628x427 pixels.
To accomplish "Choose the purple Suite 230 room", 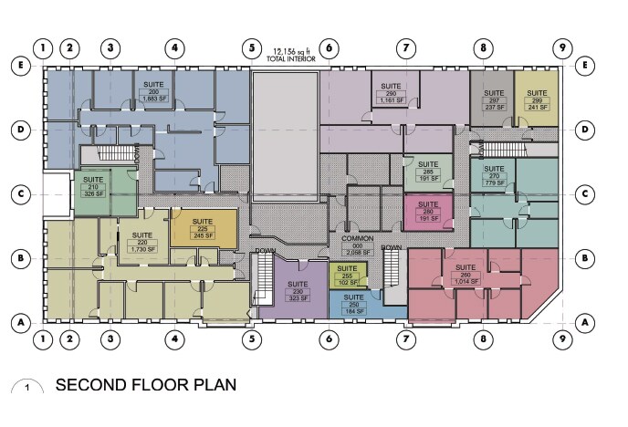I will coord(295,290).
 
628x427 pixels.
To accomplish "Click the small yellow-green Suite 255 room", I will coord(348,275).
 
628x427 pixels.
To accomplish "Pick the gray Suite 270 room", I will coord(493,100).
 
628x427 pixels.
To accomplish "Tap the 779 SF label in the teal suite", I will coord(494,183).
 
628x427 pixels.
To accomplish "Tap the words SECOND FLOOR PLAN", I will coord(146,385).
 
